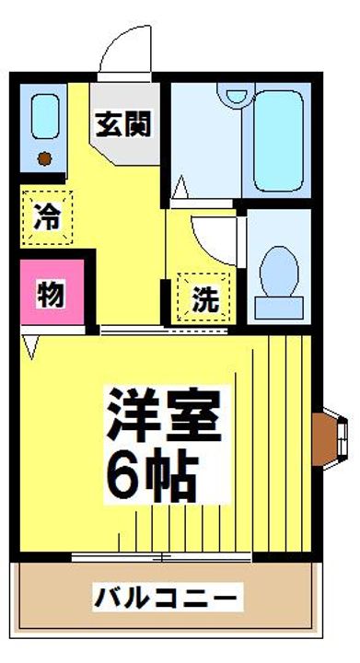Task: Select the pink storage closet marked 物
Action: [x=52, y=295]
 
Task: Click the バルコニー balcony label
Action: [x=166, y=599]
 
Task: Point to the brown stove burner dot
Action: [x=42, y=159]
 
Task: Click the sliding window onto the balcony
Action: [x=161, y=557]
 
